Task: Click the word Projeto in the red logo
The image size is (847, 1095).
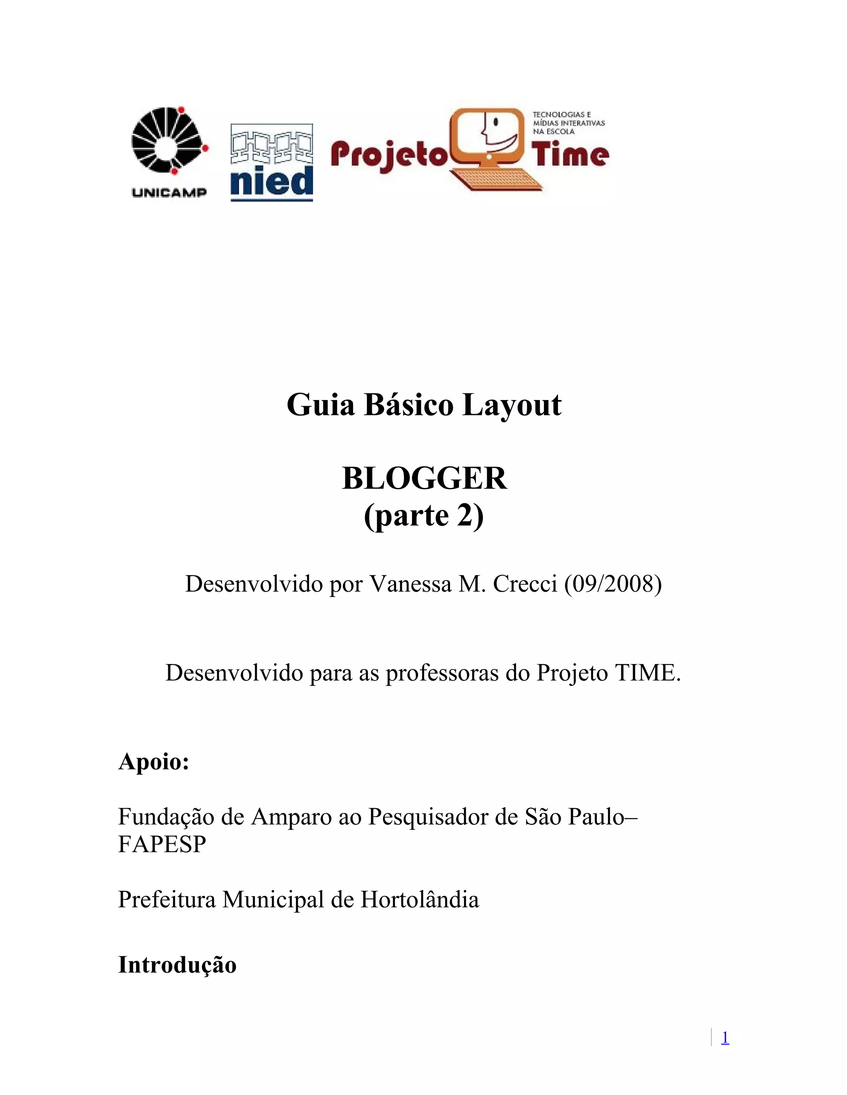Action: click(x=388, y=156)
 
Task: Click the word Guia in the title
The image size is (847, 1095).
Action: click(x=321, y=405)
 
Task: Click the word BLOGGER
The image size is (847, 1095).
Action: click(x=424, y=478)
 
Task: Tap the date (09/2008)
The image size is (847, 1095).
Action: click(x=613, y=583)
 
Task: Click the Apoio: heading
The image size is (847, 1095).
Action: click(x=153, y=762)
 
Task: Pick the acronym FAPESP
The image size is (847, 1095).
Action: click(x=162, y=844)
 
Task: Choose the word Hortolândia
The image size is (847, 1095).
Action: click(x=419, y=900)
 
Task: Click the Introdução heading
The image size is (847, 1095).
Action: click(x=177, y=965)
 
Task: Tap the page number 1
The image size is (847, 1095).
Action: click(x=725, y=1037)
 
